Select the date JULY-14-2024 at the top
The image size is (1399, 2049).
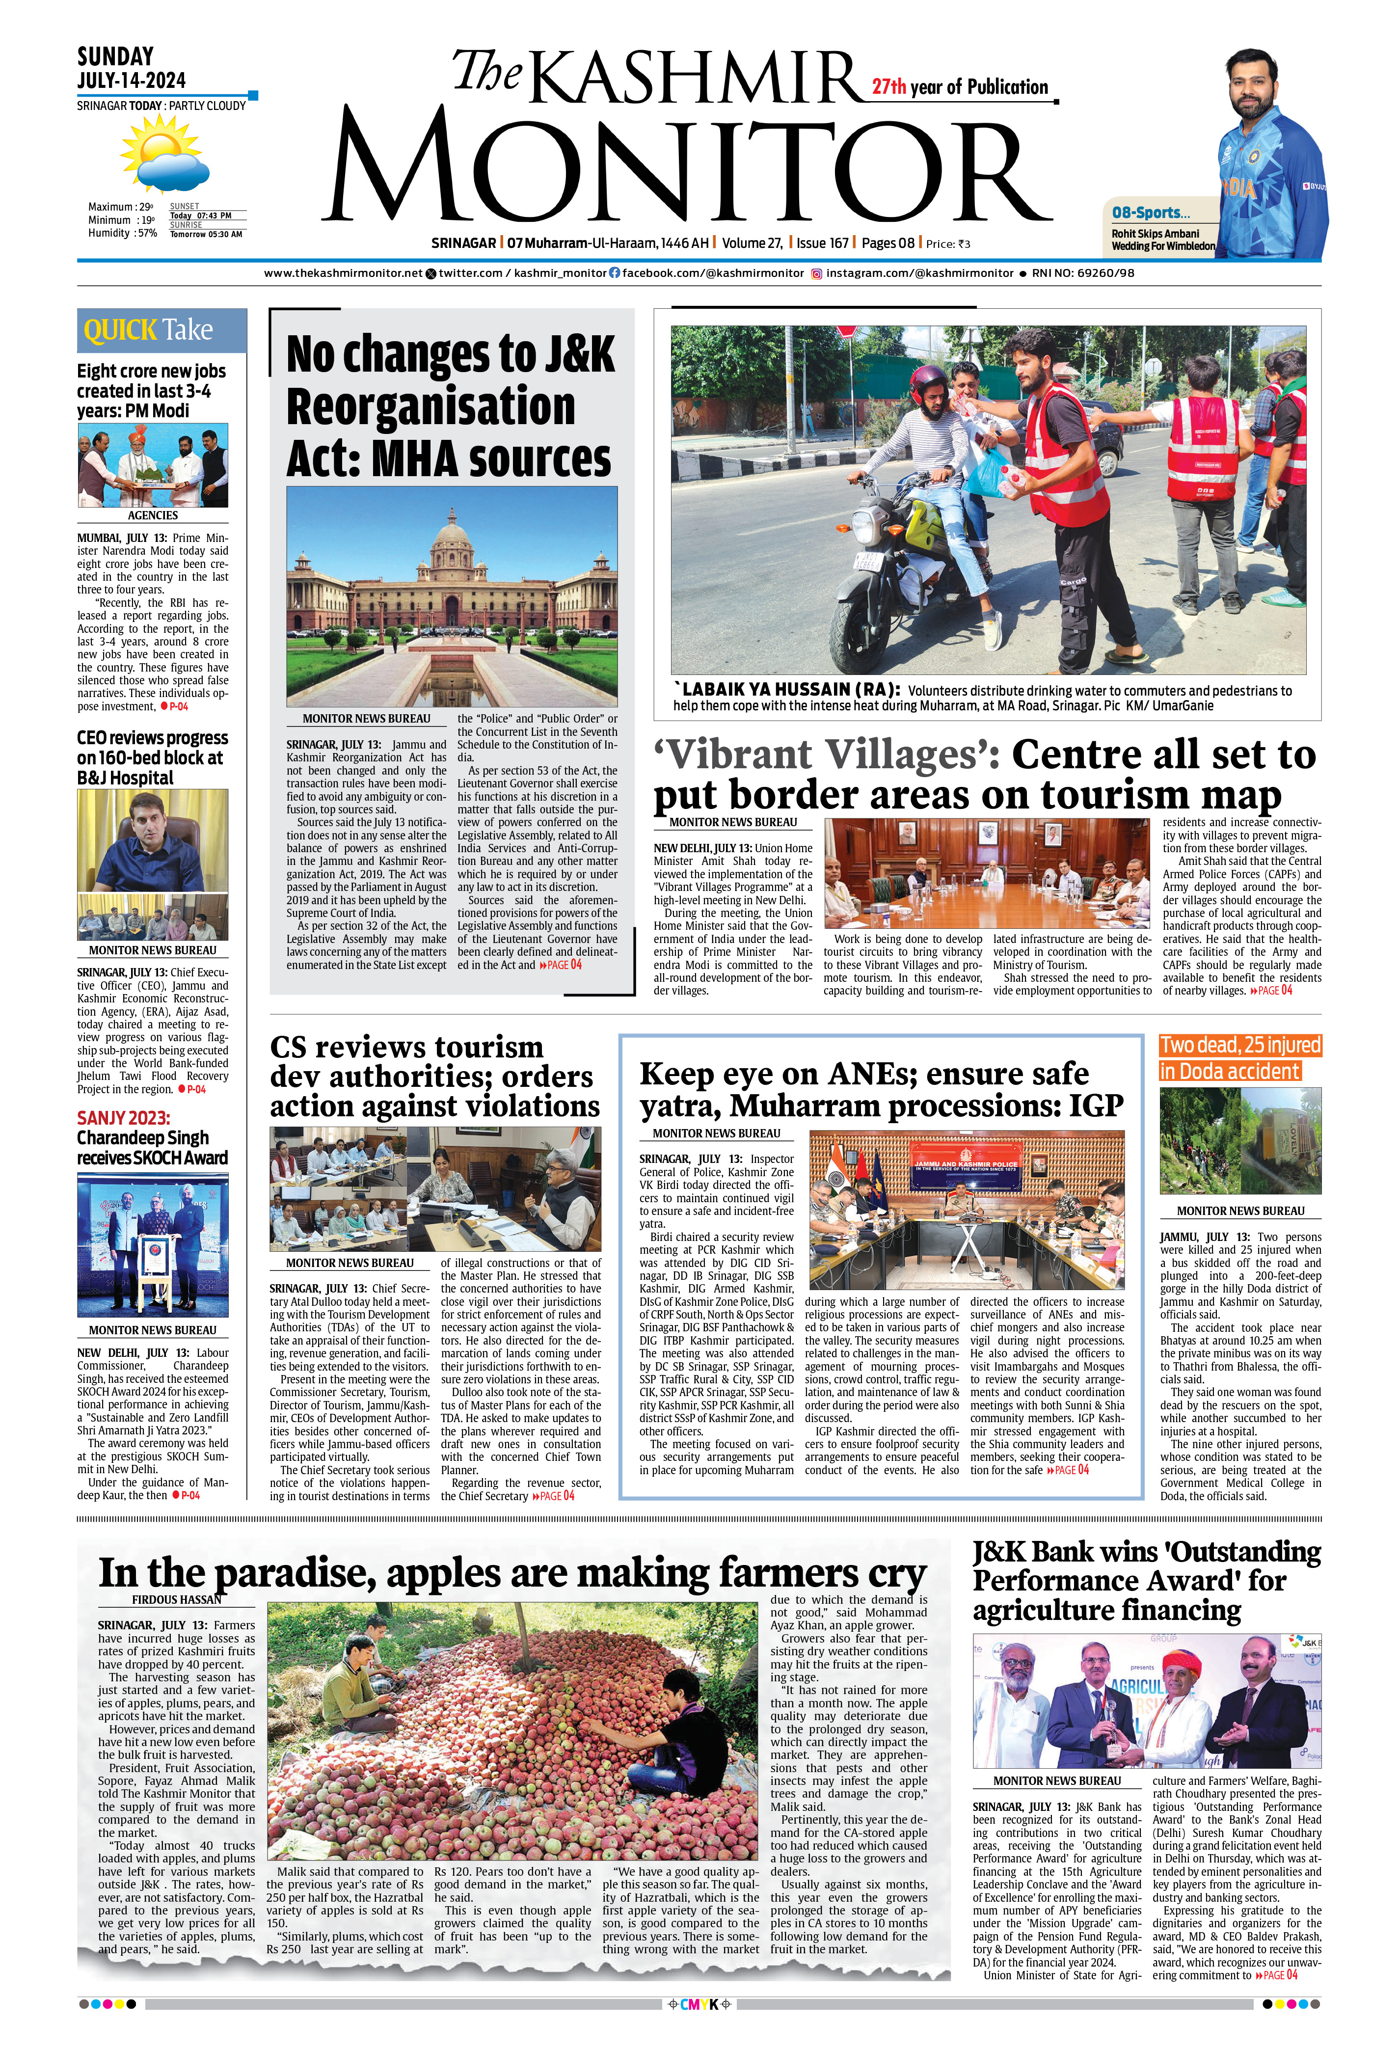132,80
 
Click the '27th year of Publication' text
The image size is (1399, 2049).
960,86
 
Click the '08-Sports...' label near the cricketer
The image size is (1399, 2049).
1151,213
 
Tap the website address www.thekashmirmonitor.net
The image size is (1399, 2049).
343,273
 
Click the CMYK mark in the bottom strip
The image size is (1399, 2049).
699,2022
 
